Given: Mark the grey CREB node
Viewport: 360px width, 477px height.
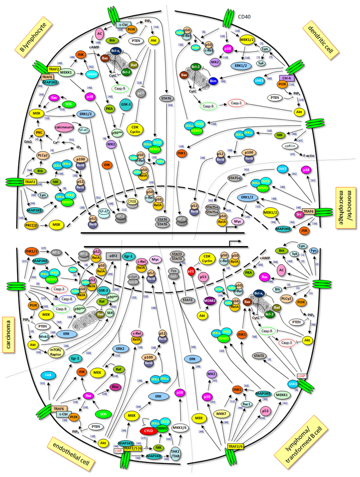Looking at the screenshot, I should [x=132, y=200].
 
